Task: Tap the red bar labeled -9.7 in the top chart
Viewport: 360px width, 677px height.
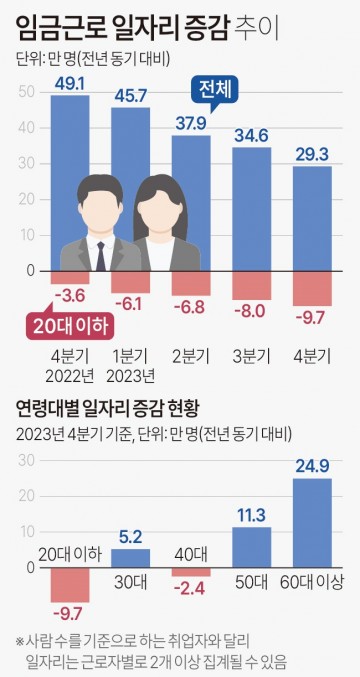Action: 312,288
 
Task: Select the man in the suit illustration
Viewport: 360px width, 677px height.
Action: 100,225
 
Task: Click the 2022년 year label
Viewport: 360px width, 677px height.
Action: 69,376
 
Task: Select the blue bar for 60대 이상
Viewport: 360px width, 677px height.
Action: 312,522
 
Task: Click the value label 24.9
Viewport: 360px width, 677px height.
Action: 312,465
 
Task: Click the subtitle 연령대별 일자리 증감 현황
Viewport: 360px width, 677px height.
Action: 108,408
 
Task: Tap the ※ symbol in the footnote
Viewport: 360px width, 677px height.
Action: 20,640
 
